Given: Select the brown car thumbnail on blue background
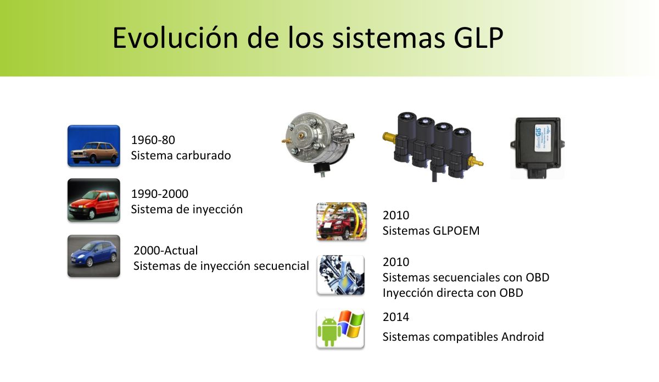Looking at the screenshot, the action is (x=94, y=146).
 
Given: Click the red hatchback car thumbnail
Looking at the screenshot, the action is (x=94, y=200).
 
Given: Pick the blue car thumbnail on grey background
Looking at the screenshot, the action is (x=94, y=256).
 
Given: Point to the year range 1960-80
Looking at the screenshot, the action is (x=153, y=140).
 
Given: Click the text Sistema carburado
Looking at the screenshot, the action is (x=181, y=156).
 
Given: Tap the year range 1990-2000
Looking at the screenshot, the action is (x=160, y=194).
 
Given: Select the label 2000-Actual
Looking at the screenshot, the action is (x=166, y=251).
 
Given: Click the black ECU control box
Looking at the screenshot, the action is (x=537, y=148).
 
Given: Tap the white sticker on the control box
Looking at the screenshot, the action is (x=543, y=138).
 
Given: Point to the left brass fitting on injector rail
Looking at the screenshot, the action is (x=389, y=137).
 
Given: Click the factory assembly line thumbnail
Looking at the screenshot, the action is (x=342, y=221).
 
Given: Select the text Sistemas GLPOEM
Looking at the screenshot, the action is (x=431, y=231).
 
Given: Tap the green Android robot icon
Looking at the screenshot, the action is (x=329, y=331).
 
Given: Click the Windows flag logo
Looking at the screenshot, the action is (x=351, y=324).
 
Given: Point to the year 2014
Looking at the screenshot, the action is (x=396, y=317).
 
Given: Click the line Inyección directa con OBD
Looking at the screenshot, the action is (x=453, y=293).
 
